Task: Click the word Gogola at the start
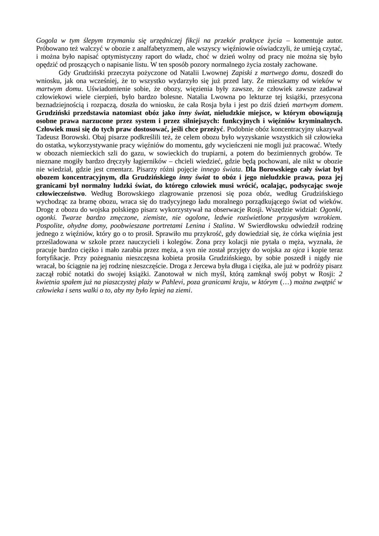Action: coord(47,41)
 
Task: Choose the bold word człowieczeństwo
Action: coord(60,193)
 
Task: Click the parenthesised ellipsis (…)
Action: coord(285,282)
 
